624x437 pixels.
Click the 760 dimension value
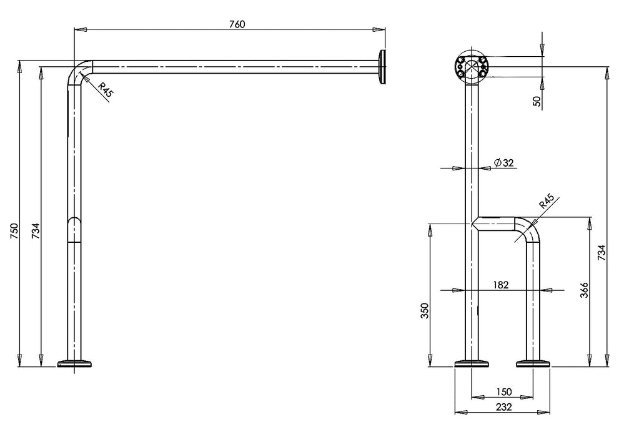point(237,24)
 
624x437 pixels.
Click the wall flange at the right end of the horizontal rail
point(381,67)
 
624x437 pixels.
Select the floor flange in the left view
point(75,363)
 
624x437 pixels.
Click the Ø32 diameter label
point(503,163)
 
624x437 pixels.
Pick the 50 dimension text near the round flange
point(537,101)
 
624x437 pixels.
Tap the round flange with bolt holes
point(470,67)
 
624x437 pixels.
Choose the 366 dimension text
point(584,290)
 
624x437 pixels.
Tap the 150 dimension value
point(503,391)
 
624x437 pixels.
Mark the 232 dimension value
point(503,407)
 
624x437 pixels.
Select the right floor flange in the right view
point(532,363)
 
